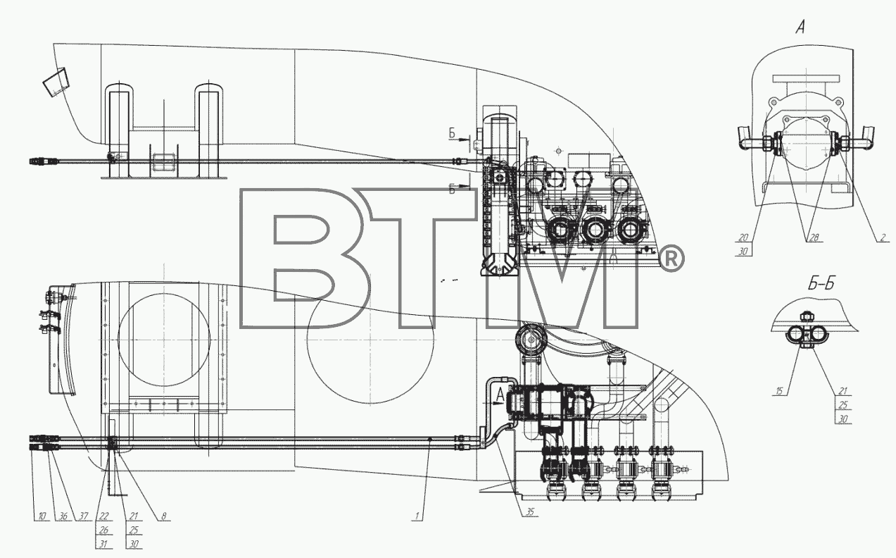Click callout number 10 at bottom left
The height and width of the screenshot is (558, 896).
42,516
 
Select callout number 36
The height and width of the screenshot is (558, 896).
63,516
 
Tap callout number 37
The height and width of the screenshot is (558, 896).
83,516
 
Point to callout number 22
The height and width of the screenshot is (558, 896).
103,516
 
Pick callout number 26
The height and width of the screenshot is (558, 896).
103,530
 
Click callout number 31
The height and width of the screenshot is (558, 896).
103,544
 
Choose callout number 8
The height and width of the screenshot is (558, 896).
163,516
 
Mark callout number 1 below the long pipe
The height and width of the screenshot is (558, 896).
417,516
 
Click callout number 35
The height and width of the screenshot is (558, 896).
530,512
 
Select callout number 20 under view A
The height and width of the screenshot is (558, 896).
743,237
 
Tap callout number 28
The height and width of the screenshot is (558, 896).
814,237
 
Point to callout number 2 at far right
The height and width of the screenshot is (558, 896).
883,237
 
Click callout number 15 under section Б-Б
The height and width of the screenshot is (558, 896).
778,391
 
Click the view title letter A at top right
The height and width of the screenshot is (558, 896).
800,27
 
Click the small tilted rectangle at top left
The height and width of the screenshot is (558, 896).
56,82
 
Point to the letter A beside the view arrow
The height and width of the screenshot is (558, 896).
500,395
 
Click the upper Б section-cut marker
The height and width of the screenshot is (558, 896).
452,133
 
